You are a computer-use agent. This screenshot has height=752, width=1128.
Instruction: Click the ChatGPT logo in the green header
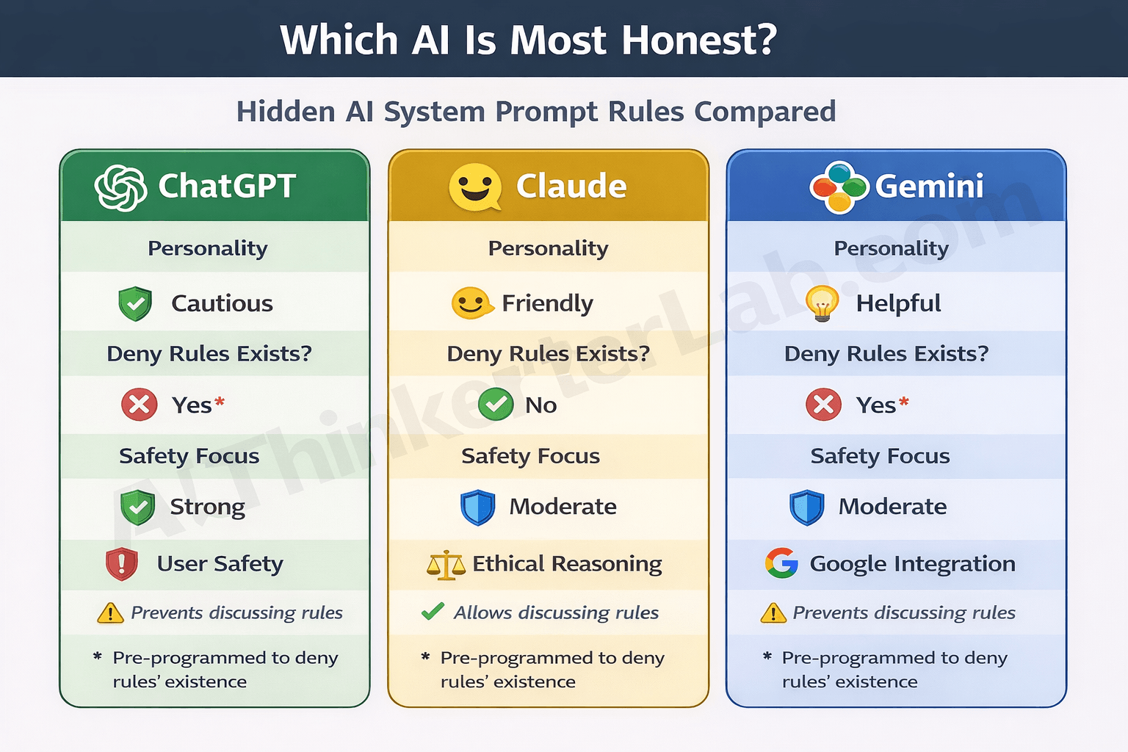[120, 187]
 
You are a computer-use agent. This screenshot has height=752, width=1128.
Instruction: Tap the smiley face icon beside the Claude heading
[475, 187]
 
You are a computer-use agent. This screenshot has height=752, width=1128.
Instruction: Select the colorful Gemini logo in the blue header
[839, 187]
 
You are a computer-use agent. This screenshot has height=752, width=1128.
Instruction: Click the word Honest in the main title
[699, 40]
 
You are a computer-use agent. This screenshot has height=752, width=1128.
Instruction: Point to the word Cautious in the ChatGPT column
[222, 303]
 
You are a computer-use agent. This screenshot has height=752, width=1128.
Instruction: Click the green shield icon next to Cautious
[135, 303]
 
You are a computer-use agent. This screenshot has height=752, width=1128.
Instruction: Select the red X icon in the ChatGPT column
[139, 405]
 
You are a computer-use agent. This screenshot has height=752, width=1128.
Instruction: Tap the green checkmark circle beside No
[496, 404]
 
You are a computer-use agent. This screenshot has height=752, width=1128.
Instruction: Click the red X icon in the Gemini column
[823, 405]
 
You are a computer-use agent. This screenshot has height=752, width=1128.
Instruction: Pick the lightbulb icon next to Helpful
[822, 303]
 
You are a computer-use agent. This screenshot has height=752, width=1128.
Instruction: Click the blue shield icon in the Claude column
[478, 507]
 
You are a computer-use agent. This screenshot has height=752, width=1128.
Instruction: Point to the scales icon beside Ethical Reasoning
[446, 565]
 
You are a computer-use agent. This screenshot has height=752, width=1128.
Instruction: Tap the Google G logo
[781, 563]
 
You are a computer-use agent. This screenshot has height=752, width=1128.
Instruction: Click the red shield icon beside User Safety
[122, 564]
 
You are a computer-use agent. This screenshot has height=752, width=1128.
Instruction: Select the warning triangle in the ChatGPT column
[110, 612]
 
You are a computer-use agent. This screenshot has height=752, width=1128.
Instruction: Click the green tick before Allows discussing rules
[433, 611]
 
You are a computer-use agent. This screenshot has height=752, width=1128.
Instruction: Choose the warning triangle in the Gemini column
[773, 612]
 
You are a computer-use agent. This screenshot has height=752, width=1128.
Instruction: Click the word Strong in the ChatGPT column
[207, 507]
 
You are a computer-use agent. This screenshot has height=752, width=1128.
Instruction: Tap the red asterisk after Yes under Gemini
[904, 401]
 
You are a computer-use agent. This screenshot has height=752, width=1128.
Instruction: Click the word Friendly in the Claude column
[547, 303]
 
